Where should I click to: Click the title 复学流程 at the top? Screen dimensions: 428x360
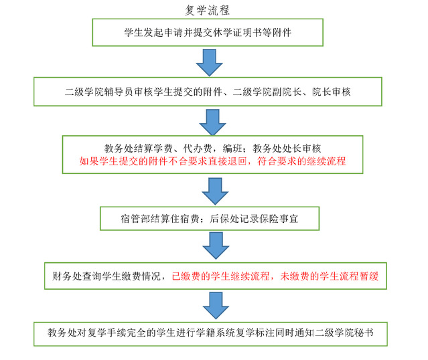click(x=208, y=10)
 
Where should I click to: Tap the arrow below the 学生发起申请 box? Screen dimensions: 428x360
click(x=210, y=62)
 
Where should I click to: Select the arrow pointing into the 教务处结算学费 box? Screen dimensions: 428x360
click(x=212, y=122)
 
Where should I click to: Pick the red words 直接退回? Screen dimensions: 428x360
click(x=227, y=161)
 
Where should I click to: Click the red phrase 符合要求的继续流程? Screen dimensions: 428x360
click(x=301, y=161)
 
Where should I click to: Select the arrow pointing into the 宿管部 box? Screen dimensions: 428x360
click(x=215, y=191)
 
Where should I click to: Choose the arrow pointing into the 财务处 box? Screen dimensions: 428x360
click(x=216, y=246)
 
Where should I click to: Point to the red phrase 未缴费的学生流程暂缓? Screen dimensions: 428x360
click(x=330, y=276)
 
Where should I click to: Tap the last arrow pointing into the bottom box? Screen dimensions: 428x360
click(x=216, y=305)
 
